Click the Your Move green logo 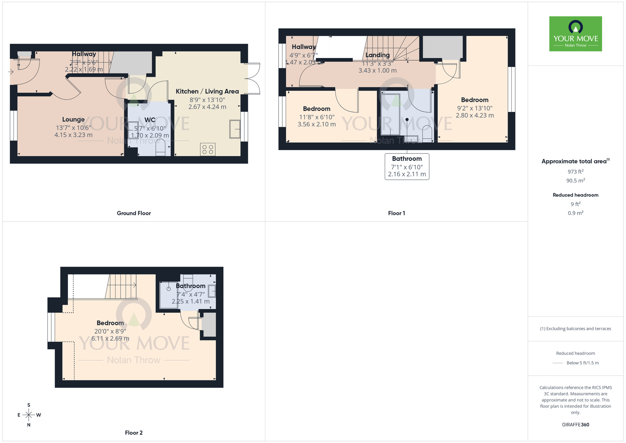pos(575,34)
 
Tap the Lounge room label pos(73,119)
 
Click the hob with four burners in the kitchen pos(208,149)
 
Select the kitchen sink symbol pos(235,129)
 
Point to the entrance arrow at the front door pos(11,72)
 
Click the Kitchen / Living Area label pos(207,91)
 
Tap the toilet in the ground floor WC pos(160,148)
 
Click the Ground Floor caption pos(134,213)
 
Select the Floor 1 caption pos(396,213)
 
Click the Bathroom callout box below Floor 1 pos(407,166)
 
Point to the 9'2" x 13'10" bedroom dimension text pos(475,108)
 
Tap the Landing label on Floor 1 pos(377,55)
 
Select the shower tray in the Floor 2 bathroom pos(169,295)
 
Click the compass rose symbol pos(29,415)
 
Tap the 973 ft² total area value pos(575,172)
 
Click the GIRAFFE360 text pos(575,425)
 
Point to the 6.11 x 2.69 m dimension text pos(110,339)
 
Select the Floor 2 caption pos(134,433)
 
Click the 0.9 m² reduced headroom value pos(575,213)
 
